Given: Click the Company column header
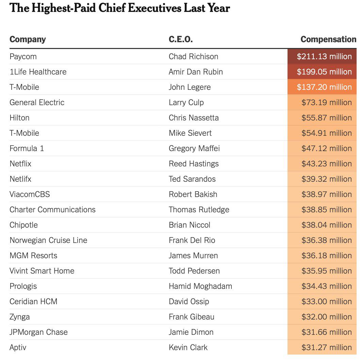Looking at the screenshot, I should [x=28, y=39].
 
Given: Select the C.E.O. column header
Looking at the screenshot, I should [x=180, y=39].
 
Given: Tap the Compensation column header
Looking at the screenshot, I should [x=328, y=39].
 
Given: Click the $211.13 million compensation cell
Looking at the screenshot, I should [x=324, y=56].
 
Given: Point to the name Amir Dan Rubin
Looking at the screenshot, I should [x=196, y=72].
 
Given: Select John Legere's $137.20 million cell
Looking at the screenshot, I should [x=324, y=87].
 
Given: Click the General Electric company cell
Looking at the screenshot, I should [x=37, y=102].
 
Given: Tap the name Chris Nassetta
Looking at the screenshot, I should [x=194, y=118].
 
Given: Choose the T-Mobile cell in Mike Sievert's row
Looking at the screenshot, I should [x=24, y=133].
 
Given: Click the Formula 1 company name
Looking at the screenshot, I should [x=27, y=148].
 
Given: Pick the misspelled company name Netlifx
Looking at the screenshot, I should [x=20, y=179].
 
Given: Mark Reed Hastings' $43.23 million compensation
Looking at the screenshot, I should [x=326, y=164].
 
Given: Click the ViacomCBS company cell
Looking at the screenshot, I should [x=30, y=194].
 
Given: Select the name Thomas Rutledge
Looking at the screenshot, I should [x=199, y=210].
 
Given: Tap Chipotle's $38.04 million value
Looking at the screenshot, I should [x=326, y=225].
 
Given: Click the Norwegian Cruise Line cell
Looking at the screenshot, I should [x=48, y=240].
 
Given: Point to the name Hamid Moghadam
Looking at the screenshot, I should [x=200, y=286].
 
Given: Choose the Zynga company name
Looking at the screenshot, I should [x=19, y=317].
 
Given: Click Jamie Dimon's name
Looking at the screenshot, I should [x=191, y=332].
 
